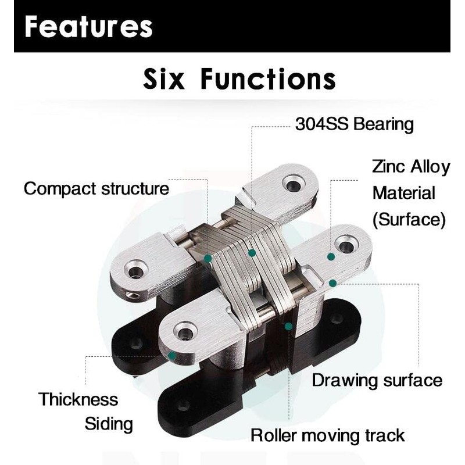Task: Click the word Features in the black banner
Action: point(89,27)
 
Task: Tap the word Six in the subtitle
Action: point(164,79)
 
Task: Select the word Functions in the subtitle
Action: point(268,79)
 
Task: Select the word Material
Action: point(404,193)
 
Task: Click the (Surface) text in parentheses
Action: point(409,219)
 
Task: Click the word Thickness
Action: point(78,399)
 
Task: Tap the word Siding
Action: point(109,423)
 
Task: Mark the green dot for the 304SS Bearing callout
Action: point(252,253)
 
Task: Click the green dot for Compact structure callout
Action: point(208,256)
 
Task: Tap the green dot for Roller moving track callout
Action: point(288,327)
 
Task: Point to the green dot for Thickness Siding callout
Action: point(172,354)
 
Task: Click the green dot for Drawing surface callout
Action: point(332,283)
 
